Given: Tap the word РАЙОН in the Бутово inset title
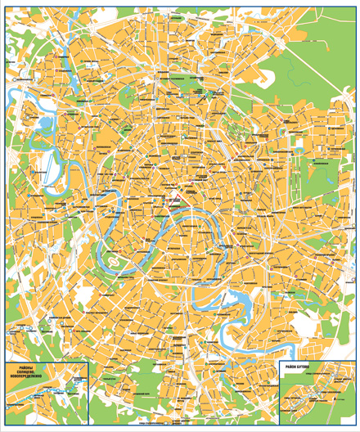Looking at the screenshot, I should point(294,367).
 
